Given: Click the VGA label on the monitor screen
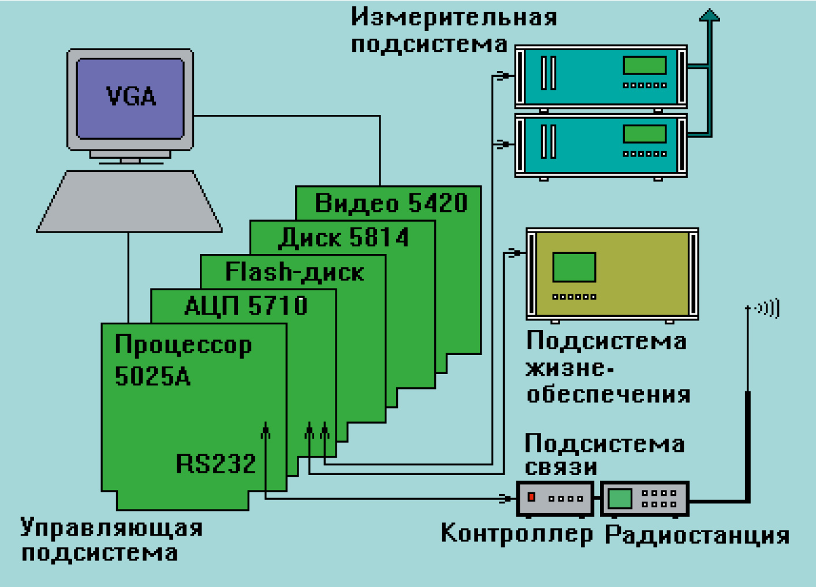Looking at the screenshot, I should pos(131,96).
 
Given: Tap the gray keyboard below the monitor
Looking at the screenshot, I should pos(129,202).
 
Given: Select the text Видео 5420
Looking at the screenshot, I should pos(390,203).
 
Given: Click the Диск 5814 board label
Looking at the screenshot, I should pos(344,238).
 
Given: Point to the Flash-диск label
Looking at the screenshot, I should pos(295,272).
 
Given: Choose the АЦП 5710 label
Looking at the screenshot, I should pos(246,306).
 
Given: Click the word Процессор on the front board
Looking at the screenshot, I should pos(183,346).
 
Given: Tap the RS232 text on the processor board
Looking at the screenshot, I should pos(215,464).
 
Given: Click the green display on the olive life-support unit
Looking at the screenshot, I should pos(574,267).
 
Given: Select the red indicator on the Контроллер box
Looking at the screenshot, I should pos(532,497).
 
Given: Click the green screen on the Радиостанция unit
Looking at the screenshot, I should pos(620,499).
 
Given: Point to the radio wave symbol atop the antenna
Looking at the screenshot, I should pos(768,308).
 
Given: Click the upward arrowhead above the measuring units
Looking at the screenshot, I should pos(710,15).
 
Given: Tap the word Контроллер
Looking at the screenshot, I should pos(516,534).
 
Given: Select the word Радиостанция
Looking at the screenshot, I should pos(697,535).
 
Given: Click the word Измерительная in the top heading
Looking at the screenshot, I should pos(454,17).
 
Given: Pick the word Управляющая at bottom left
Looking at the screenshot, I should pos(111,528).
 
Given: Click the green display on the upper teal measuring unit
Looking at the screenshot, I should pos(644,65).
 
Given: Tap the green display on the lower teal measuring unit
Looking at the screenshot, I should pos(644,134).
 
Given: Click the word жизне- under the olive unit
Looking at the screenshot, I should pos(569,368).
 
